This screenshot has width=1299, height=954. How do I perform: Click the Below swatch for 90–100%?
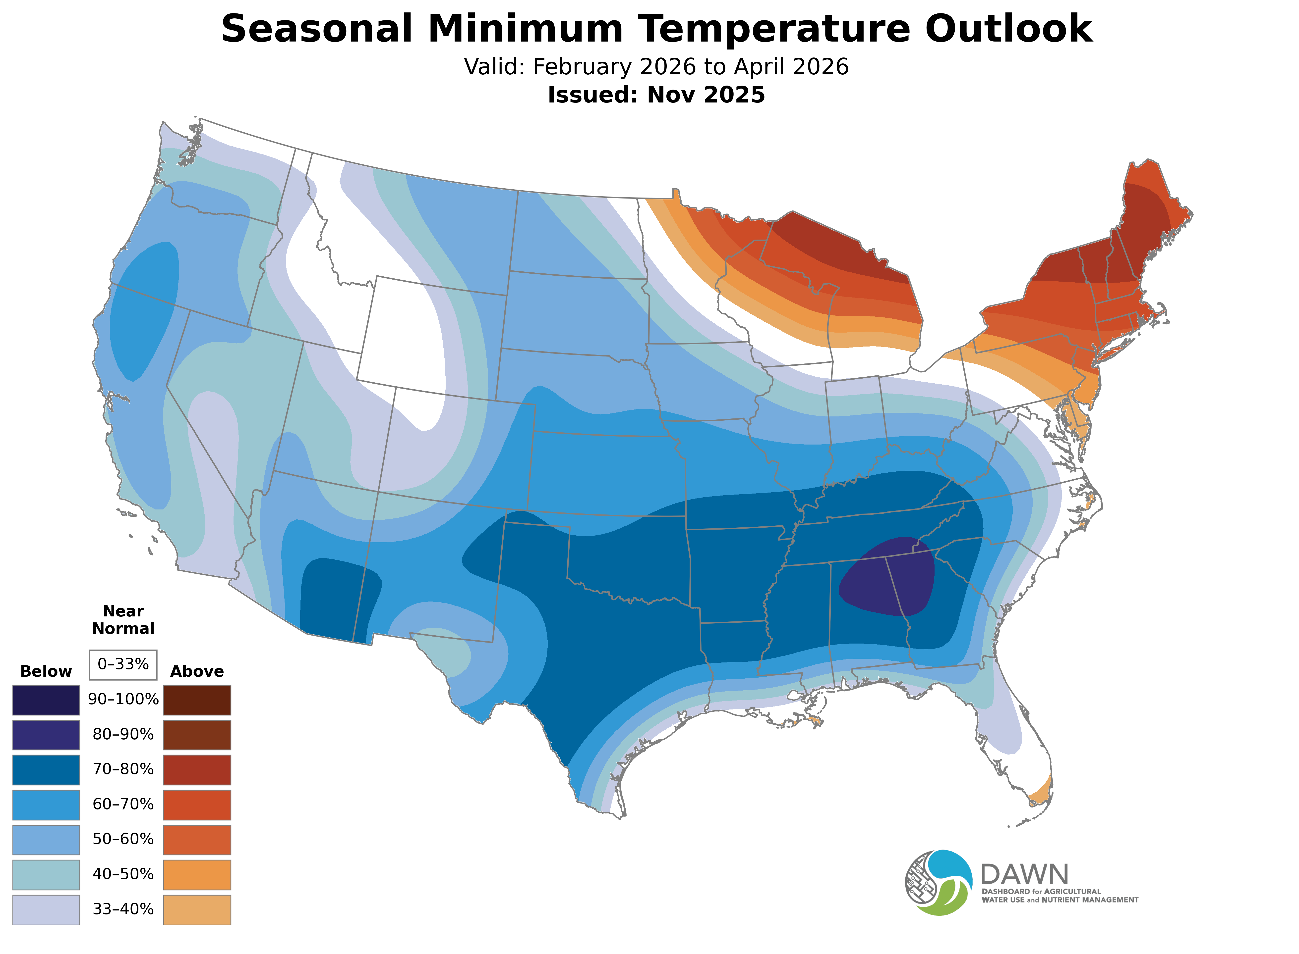(x=46, y=700)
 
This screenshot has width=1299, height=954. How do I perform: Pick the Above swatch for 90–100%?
(x=197, y=700)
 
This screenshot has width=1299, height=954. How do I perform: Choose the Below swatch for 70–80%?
(x=46, y=770)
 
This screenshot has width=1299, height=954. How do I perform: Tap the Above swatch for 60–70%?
(x=197, y=804)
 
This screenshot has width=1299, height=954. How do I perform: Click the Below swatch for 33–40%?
(x=46, y=909)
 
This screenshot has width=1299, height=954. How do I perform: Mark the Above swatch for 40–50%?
(x=197, y=874)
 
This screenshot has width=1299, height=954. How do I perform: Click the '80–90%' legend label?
(x=123, y=735)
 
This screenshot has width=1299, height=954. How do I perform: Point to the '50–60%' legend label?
(x=123, y=839)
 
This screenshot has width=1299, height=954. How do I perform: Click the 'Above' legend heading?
(x=197, y=672)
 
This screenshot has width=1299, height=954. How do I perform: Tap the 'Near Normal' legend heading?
(x=123, y=620)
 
